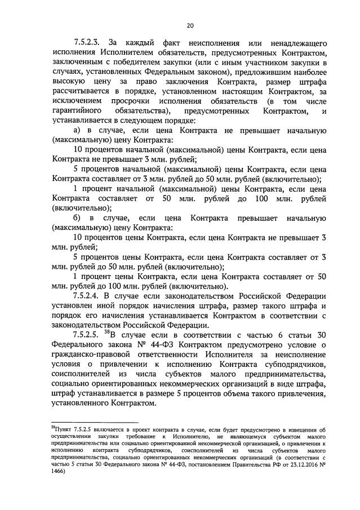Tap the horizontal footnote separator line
(x=95, y=422)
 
